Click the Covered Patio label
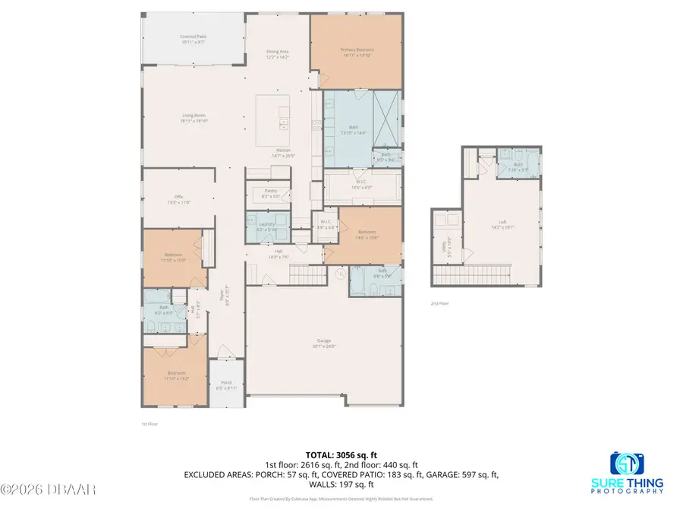pyautogui.click(x=194, y=39)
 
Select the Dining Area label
pyautogui.click(x=278, y=54)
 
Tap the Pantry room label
pyautogui.click(x=270, y=193)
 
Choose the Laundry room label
pyautogui.click(x=266, y=226)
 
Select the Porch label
pyautogui.click(x=226, y=385)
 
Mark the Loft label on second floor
pyautogui.click(x=502, y=224)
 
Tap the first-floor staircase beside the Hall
pyautogui.click(x=303, y=273)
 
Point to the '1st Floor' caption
pyautogui.click(x=150, y=423)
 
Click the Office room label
pyautogui.click(x=179, y=200)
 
